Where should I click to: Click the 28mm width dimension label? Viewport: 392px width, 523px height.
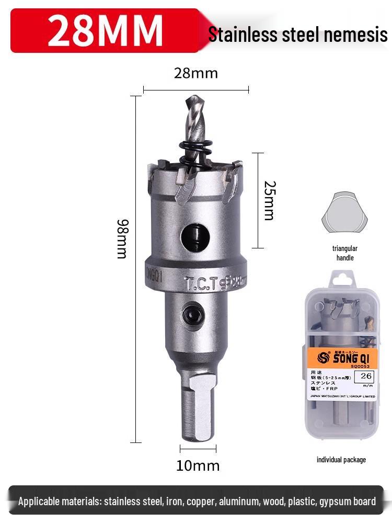coord(195,73)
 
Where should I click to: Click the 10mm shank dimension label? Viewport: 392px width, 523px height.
coord(198,465)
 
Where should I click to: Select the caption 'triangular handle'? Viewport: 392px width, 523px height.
coord(345,253)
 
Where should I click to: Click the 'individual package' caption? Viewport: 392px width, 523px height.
coord(341,460)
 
